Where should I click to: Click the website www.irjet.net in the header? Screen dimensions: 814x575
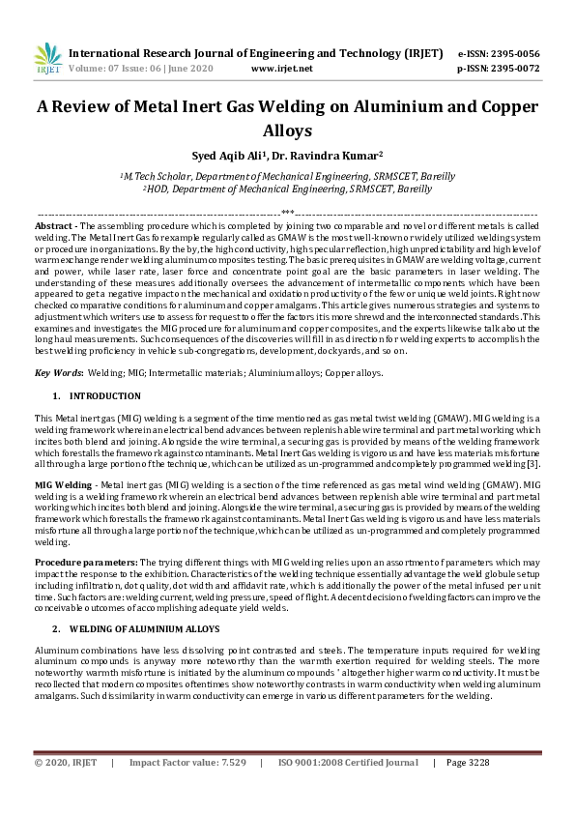click(x=281, y=69)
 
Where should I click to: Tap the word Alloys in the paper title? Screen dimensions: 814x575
click(x=287, y=129)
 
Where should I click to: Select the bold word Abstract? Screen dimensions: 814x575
click(x=54, y=224)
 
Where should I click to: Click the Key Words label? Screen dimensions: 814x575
click(x=57, y=372)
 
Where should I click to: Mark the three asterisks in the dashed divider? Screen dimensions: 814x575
click(x=287, y=212)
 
